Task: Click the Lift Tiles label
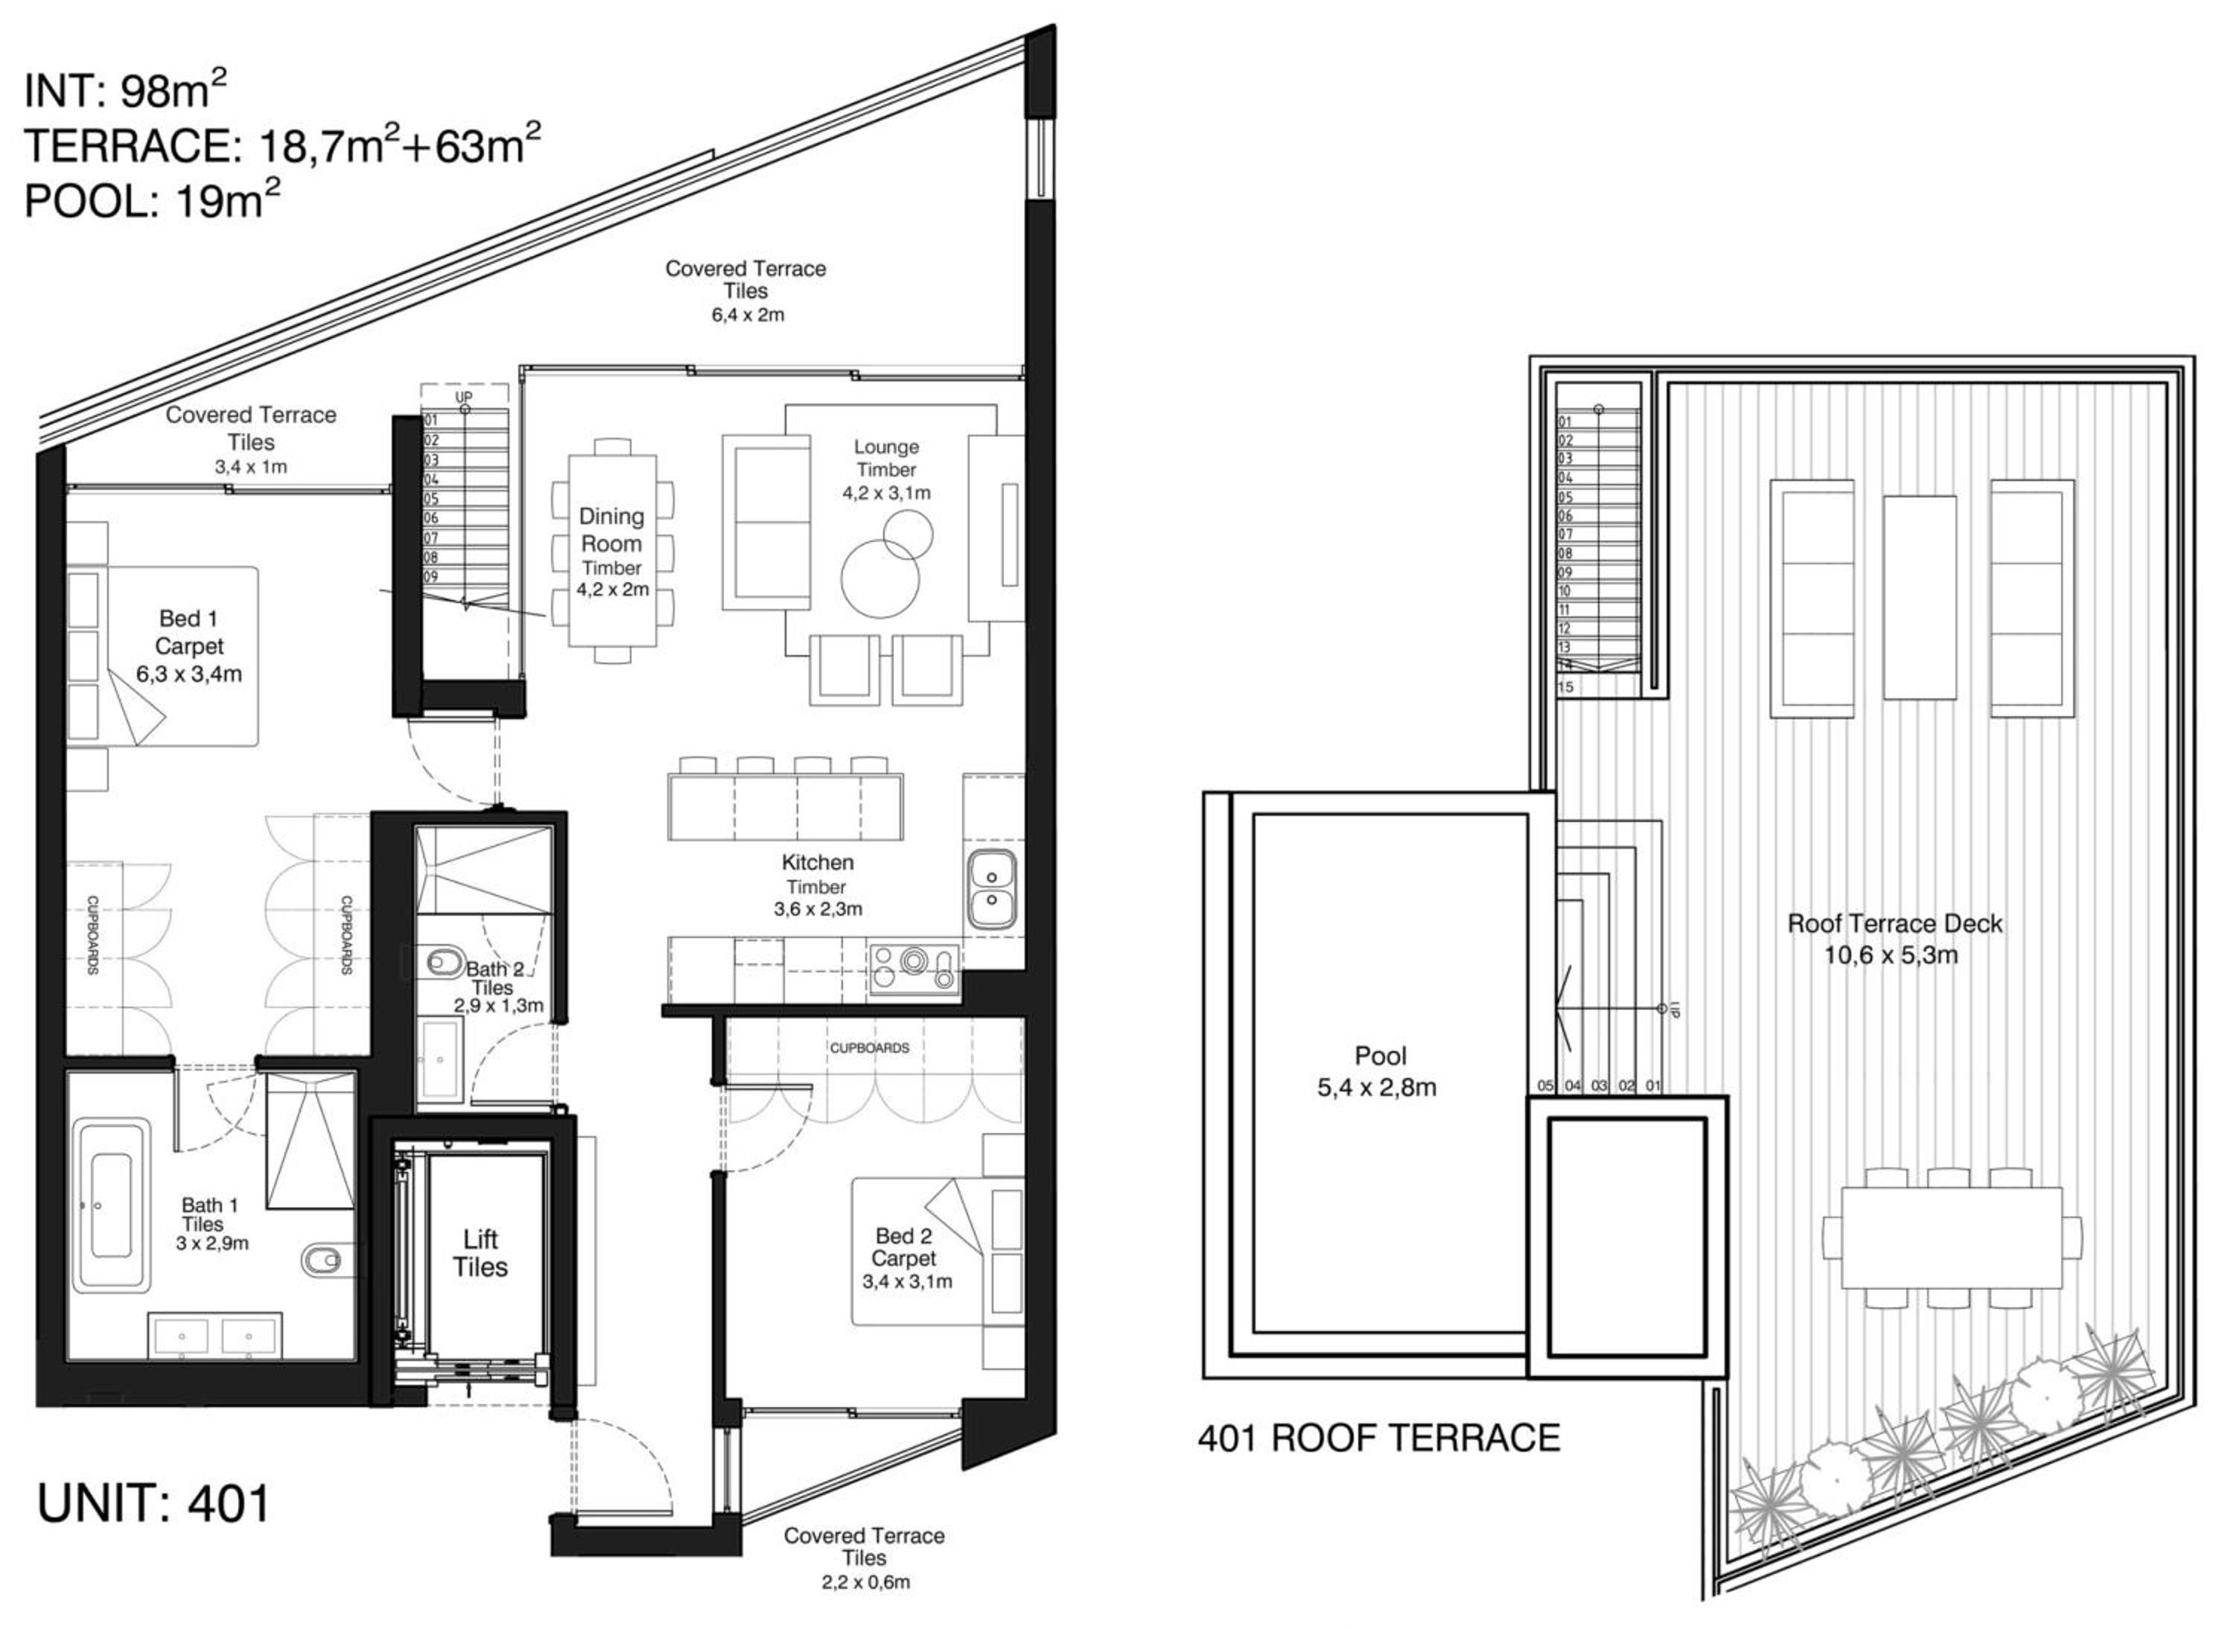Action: coord(480,1253)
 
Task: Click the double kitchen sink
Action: coord(991,887)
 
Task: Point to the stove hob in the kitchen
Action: coord(915,967)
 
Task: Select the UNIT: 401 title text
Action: coord(153,1505)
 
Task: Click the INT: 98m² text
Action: coord(124,91)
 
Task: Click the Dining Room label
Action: coord(611,529)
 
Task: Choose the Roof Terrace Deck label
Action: coord(1894,924)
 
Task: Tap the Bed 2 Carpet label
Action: coord(905,1247)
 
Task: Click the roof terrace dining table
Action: coord(1952,1237)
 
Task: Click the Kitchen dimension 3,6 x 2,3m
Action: coord(818,909)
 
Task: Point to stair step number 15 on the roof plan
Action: coord(1566,687)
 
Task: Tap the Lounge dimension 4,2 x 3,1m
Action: coord(885,492)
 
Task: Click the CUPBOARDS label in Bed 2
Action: coord(869,1048)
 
